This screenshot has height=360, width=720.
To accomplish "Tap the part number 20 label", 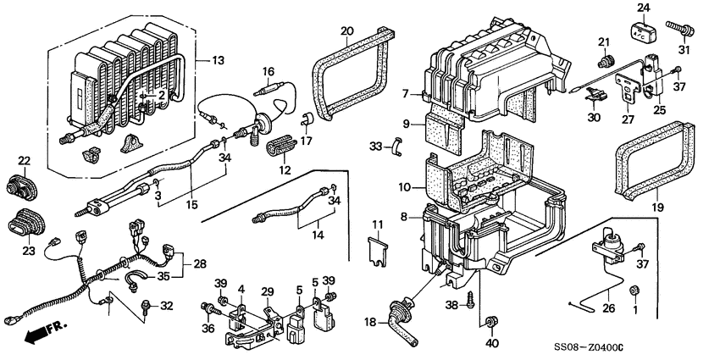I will (346, 31).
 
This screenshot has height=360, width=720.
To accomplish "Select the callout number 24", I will (643, 9).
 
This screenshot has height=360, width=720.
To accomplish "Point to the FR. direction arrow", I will (34, 334).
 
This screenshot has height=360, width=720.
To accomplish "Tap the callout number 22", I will (24, 161).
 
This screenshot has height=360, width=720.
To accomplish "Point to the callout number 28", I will (200, 264).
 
